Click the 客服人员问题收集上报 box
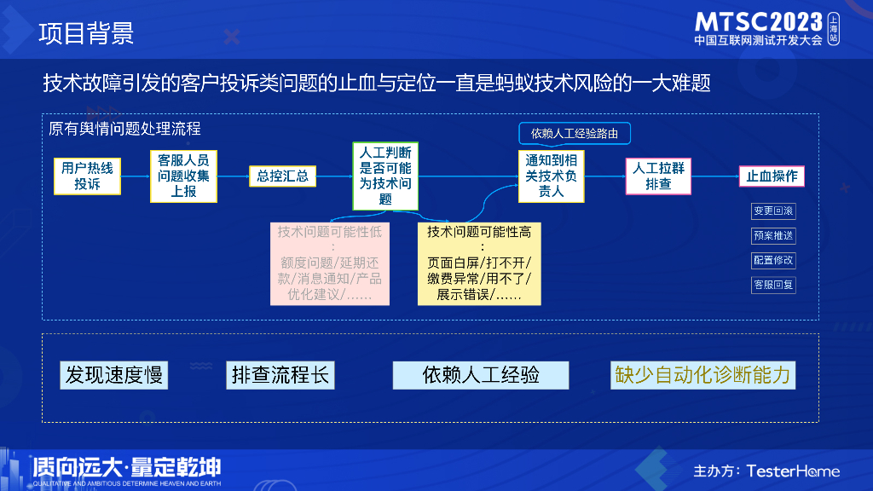coord(183,176)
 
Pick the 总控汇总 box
coord(282,176)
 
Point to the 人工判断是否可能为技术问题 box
coord(385,176)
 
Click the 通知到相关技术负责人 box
coord(552,176)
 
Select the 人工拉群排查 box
coord(658,176)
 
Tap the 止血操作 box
coord(772,176)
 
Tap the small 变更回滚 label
coord(773,211)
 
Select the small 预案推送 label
coord(773,235)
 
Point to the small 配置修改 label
coord(773,260)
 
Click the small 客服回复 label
coord(773,285)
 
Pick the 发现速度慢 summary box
coord(113,375)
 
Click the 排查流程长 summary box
coord(280,375)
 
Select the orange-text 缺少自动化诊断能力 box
coord(702,375)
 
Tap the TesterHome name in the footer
coord(793,471)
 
